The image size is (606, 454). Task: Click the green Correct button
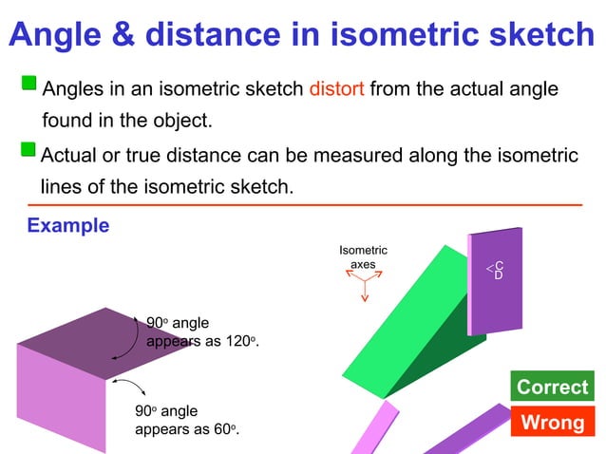point(552,388)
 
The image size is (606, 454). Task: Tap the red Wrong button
point(552,422)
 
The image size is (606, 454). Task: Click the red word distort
point(336,90)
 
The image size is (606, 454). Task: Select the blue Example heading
point(67,226)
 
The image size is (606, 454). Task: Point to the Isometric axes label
point(363,256)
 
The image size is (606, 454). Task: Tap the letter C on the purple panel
point(499,266)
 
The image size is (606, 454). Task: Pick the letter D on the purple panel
point(499,275)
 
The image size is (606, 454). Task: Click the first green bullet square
point(29,88)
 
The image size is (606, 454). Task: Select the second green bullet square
point(29,152)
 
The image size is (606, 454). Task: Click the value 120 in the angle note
point(237,342)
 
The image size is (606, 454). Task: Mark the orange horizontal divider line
point(304,204)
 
